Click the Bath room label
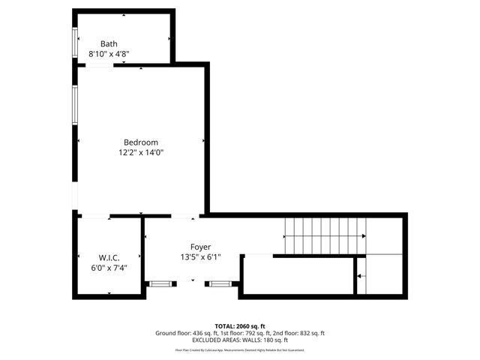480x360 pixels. (x=109, y=44)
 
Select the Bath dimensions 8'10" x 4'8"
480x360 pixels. (x=109, y=54)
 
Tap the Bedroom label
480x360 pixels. (x=141, y=142)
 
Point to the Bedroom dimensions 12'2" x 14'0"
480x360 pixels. (x=141, y=152)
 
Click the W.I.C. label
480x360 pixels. (x=109, y=258)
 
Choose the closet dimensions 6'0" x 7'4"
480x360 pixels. (x=109, y=268)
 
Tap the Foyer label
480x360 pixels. (x=200, y=247)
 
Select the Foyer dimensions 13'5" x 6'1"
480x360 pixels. (x=200, y=256)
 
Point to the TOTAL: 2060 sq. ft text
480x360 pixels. (x=240, y=325)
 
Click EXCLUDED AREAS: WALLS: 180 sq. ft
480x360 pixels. (x=240, y=340)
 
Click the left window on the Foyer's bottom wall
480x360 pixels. (x=159, y=283)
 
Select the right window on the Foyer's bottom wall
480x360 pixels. (x=219, y=283)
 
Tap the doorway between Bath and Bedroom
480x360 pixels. (x=100, y=66)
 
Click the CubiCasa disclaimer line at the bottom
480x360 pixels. (x=240, y=349)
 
